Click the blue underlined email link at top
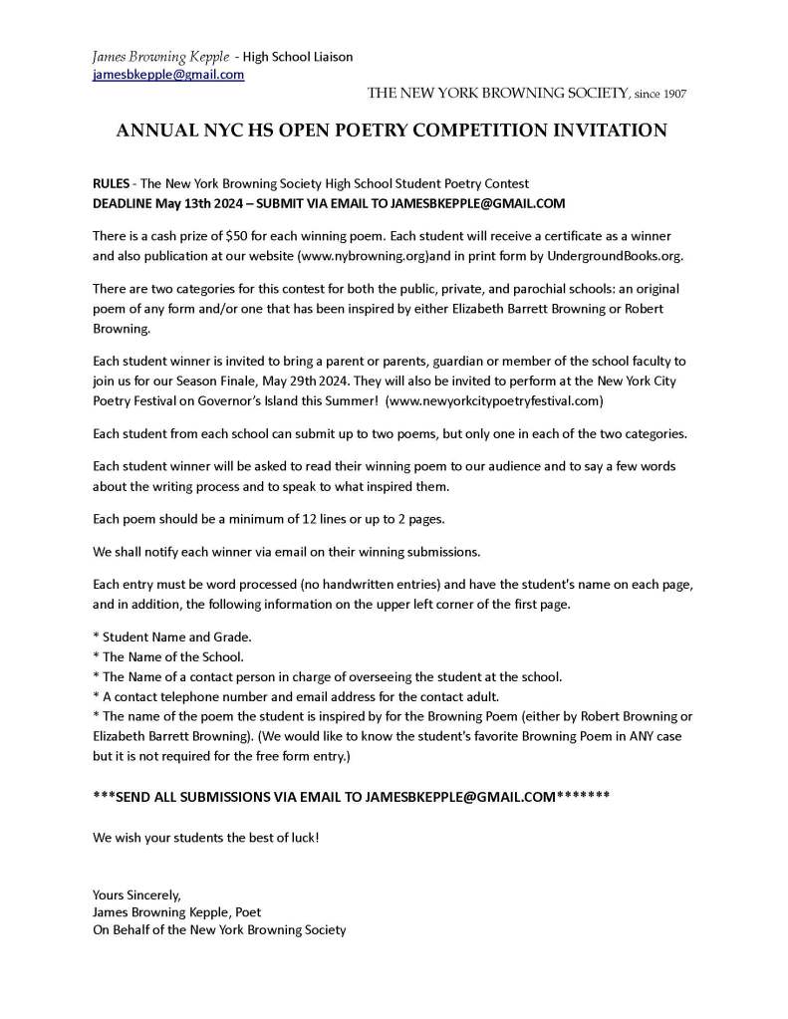168,75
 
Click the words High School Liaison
299,57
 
